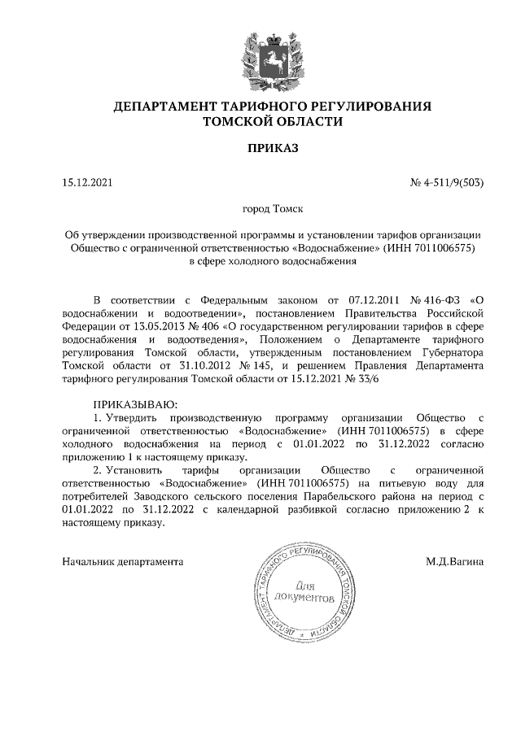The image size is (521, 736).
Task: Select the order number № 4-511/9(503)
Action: [x=448, y=184]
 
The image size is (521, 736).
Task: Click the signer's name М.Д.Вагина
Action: [x=454, y=561]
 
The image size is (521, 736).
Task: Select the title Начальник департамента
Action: [x=123, y=561]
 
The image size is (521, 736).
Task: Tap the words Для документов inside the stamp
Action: [x=304, y=591]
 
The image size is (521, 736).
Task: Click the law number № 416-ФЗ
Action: [x=437, y=298]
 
